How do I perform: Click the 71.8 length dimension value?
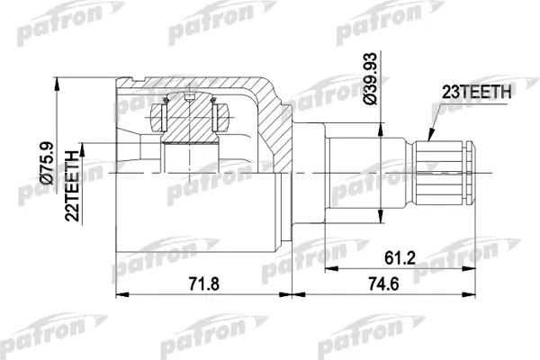point(204,284)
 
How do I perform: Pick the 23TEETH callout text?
point(477,92)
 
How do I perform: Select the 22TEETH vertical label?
point(72,186)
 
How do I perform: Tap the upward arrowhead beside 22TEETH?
point(82,150)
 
